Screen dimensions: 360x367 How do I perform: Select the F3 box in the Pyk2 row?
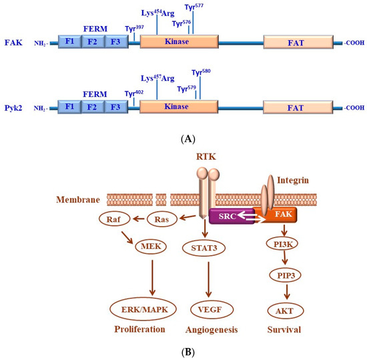tap(115, 107)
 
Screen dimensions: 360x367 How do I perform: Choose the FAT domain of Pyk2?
tap(301, 107)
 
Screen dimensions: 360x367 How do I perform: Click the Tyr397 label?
tap(135, 29)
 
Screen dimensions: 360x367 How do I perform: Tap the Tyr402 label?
tap(135, 94)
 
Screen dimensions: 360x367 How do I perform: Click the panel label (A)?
tap(183, 139)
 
